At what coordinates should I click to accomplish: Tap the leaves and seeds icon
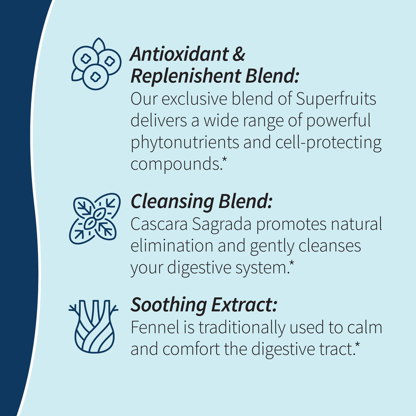pyautogui.click(x=94, y=218)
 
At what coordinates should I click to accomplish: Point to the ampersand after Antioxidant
pyautogui.click(x=238, y=54)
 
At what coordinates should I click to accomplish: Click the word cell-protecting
pyautogui.click(x=328, y=143)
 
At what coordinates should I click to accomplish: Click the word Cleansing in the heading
pyautogui.click(x=172, y=202)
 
